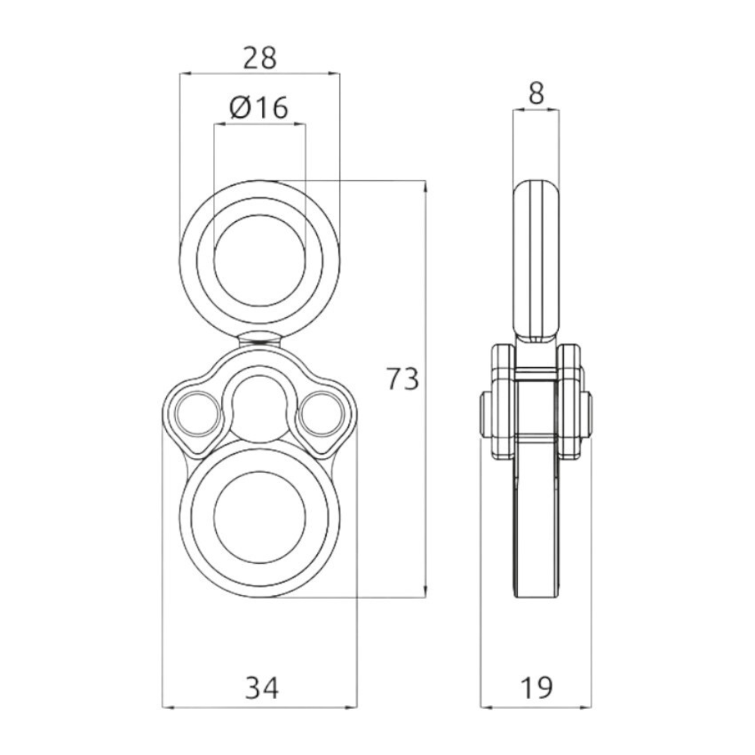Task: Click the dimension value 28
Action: coord(260,58)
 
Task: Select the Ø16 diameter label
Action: coord(259,107)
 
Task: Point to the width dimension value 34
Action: coord(261,688)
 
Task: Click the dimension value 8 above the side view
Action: coord(536,94)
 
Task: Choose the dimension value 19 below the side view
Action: coord(536,688)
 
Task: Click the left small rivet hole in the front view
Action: coord(195,414)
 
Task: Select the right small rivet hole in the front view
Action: coord(322,414)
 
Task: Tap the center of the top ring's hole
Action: coord(260,260)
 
